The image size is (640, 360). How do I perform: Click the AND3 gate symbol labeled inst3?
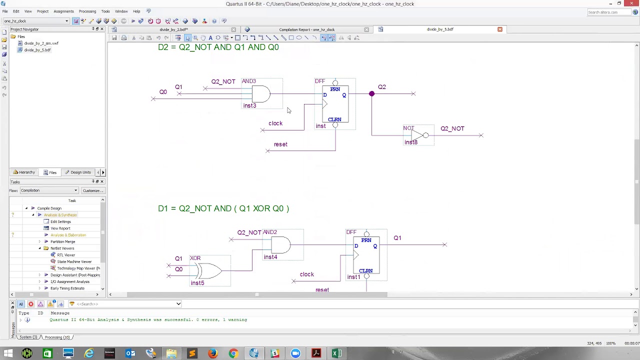click(x=260, y=94)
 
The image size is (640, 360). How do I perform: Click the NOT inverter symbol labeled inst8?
click(x=418, y=135)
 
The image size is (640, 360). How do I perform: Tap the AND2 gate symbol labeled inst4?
click(x=280, y=245)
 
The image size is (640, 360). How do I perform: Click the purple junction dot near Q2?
click(x=371, y=93)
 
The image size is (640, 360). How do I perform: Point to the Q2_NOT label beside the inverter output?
click(x=452, y=128)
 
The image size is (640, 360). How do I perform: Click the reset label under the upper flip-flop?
click(x=280, y=144)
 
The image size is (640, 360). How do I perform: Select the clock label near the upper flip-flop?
click(x=275, y=123)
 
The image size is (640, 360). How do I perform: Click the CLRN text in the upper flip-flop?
click(x=334, y=119)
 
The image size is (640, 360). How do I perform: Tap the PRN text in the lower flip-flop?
click(x=366, y=240)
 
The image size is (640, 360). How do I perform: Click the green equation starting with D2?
click(x=218, y=47)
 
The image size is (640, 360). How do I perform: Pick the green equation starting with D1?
click(x=223, y=208)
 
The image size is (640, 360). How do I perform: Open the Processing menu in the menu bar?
click(x=87, y=11)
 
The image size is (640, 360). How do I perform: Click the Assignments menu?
click(x=63, y=11)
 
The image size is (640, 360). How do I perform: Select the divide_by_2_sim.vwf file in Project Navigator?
click(x=41, y=43)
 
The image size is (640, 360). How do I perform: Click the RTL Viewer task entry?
click(x=66, y=255)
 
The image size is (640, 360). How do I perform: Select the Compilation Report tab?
click(x=306, y=29)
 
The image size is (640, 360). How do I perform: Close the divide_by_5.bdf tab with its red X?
click(x=499, y=29)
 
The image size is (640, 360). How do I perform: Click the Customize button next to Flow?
click(x=92, y=190)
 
